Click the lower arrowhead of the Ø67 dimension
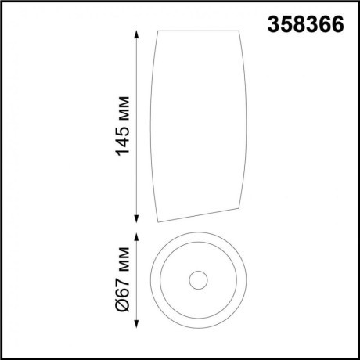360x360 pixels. point(138,323)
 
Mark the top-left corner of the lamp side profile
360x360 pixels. point(159,31)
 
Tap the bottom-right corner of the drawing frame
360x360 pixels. point(357,357)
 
